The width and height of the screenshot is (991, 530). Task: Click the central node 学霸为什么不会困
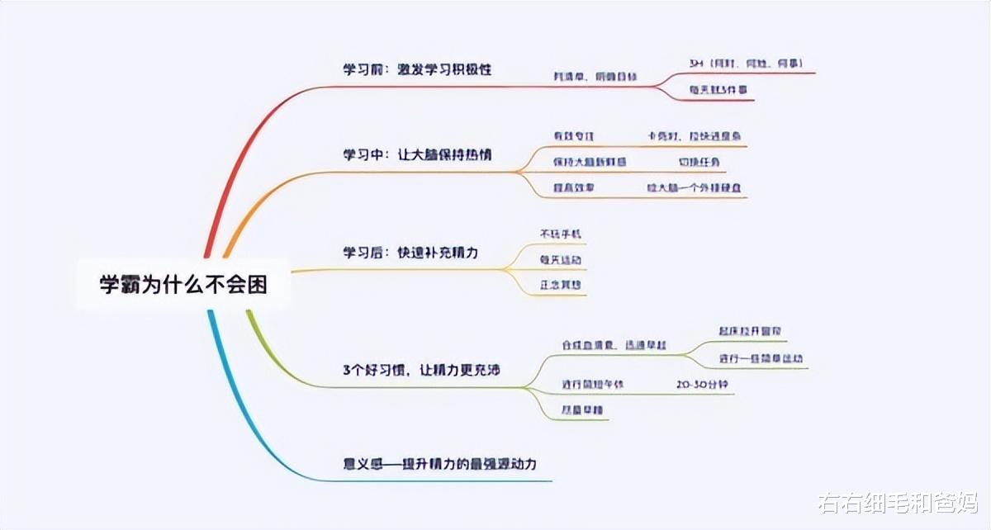[183, 284]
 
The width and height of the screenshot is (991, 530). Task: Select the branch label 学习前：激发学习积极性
[417, 69]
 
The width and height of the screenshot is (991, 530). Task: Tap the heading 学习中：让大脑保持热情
[417, 154]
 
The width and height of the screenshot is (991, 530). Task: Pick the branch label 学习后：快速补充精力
[410, 252]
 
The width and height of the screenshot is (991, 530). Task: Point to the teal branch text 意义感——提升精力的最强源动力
[439, 463]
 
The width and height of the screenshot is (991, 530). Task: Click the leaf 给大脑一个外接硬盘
[694, 188]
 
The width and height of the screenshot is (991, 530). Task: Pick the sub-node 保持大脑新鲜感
[590, 162]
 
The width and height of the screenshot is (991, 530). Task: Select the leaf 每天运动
[561, 260]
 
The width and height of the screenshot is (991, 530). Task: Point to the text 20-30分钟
[702, 385]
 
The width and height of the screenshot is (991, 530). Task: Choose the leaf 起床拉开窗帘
[750, 332]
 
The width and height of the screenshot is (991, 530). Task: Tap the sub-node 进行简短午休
[581, 385]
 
